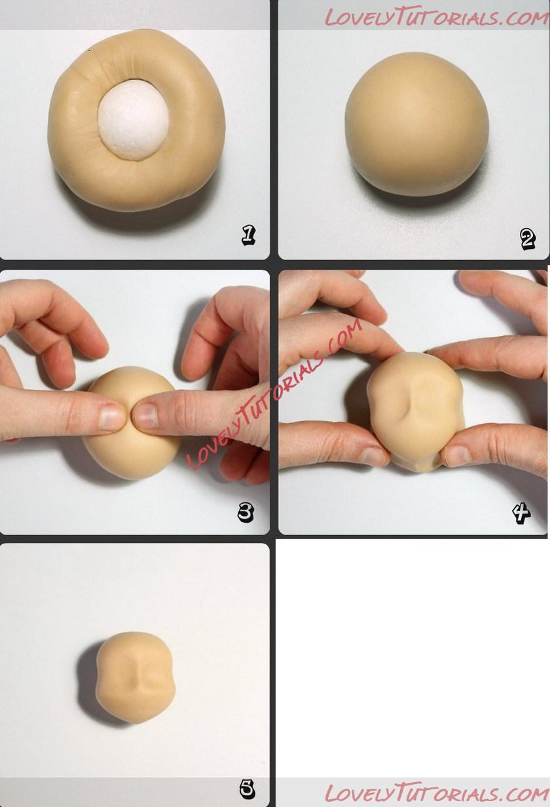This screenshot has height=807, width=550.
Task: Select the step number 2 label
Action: [528, 239]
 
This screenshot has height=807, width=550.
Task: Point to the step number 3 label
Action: [246, 512]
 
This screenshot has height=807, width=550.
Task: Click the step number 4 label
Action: [521, 512]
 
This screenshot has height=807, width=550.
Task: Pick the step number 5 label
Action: [247, 787]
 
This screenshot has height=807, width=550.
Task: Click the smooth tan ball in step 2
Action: [416, 124]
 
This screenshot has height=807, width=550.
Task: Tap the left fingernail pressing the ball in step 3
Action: [111, 417]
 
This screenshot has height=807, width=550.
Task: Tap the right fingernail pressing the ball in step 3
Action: [146, 415]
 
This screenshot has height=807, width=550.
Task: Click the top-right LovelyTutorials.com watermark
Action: [437, 17]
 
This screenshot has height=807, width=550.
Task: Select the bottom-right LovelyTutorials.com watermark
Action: [437, 792]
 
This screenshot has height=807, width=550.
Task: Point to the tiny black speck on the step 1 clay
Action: [89, 52]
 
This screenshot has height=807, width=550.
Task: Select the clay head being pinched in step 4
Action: [415, 411]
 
